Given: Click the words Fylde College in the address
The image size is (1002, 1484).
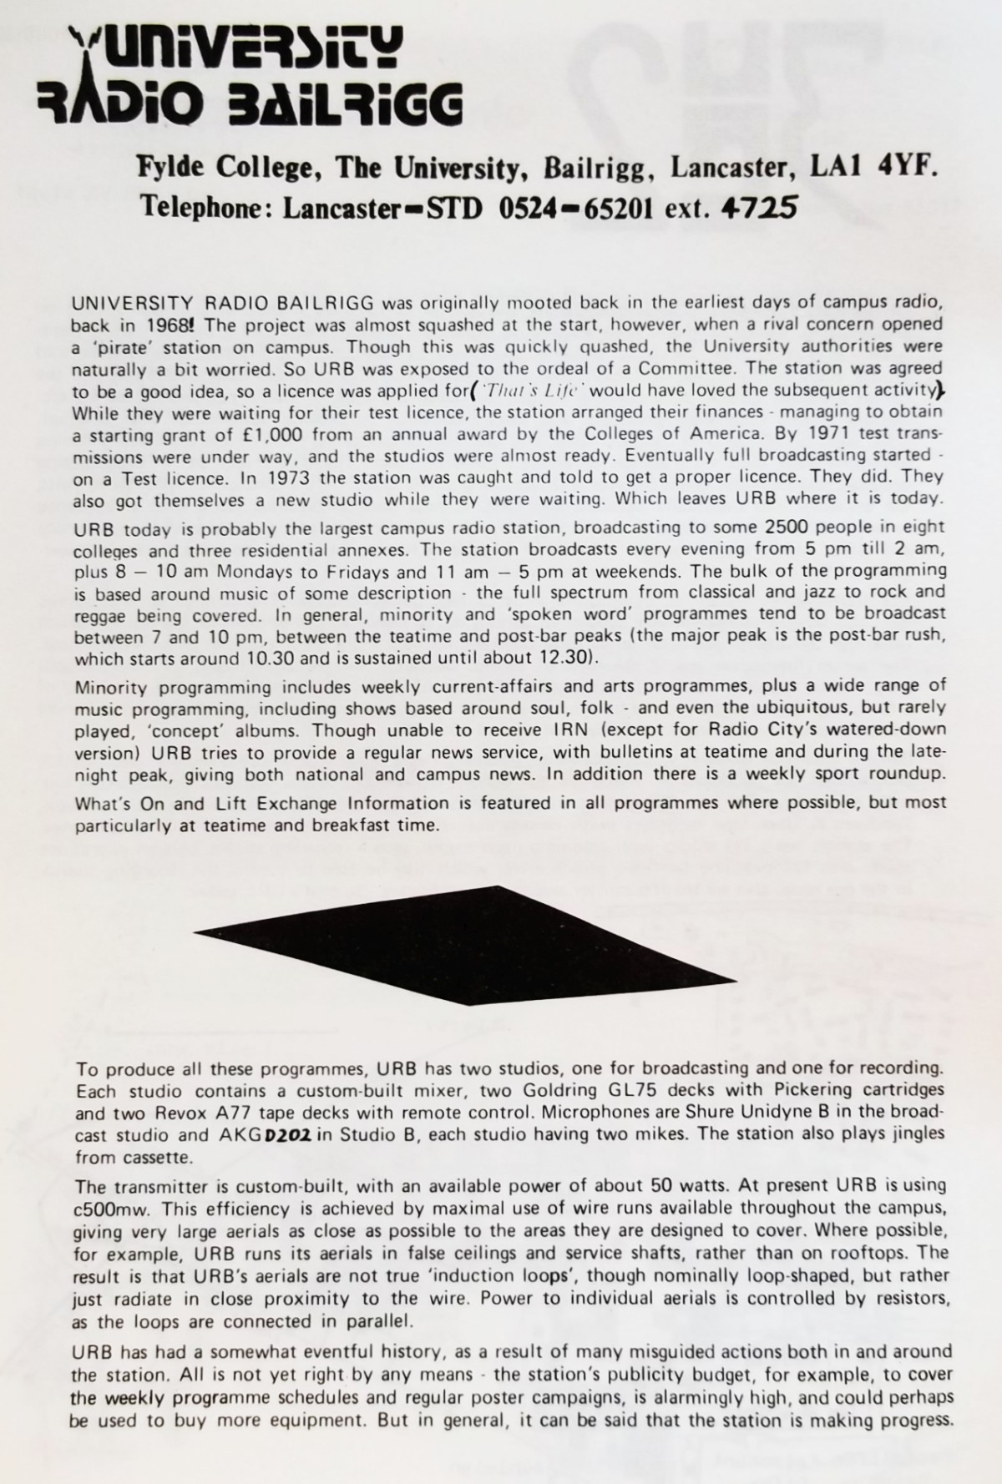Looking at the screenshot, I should coord(225,168).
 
